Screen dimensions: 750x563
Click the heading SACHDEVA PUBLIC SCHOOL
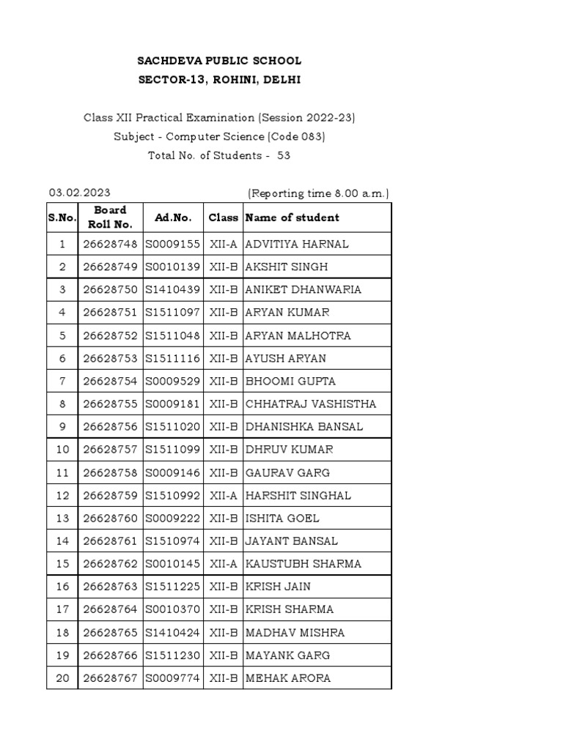pyautogui.click(x=220, y=61)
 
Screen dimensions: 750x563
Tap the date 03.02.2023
pyautogui.click(x=80, y=193)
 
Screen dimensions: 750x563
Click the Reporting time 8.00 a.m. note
pyautogui.click(x=318, y=193)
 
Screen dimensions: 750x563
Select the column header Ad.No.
pyautogui.click(x=173, y=218)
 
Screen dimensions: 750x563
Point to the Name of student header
pyautogui.click(x=292, y=218)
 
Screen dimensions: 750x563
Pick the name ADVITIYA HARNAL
pyautogui.click(x=297, y=244)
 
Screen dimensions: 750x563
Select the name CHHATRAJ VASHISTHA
pyautogui.click(x=311, y=404)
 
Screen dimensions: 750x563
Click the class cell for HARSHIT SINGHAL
pyautogui.click(x=223, y=495)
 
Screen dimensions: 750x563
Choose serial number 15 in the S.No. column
pyautogui.click(x=62, y=564)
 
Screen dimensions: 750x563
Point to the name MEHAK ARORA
pyautogui.click(x=288, y=678)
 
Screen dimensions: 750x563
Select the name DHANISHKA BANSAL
pyautogui.click(x=304, y=426)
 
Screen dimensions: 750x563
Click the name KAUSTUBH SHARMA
pyautogui.click(x=303, y=564)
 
